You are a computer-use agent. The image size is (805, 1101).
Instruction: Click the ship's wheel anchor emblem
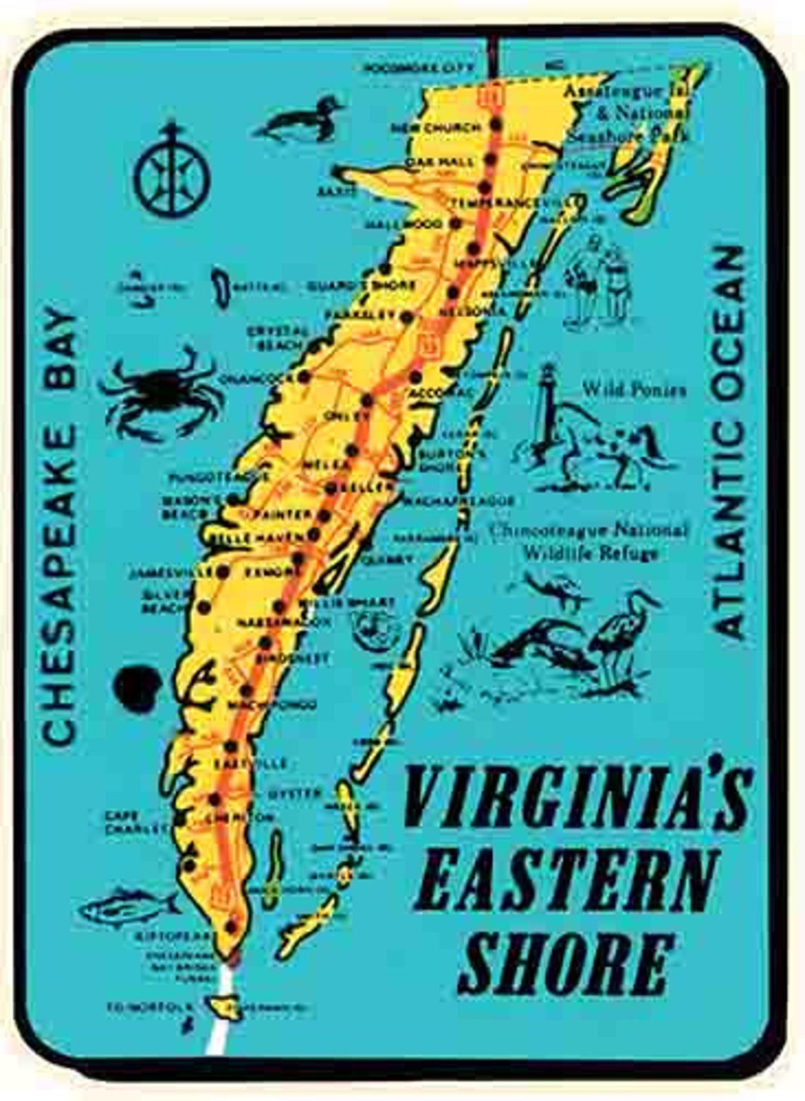[172, 169]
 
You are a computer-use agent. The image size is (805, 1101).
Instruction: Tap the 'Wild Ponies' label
[633, 390]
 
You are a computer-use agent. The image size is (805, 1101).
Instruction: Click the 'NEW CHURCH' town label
[436, 128]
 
